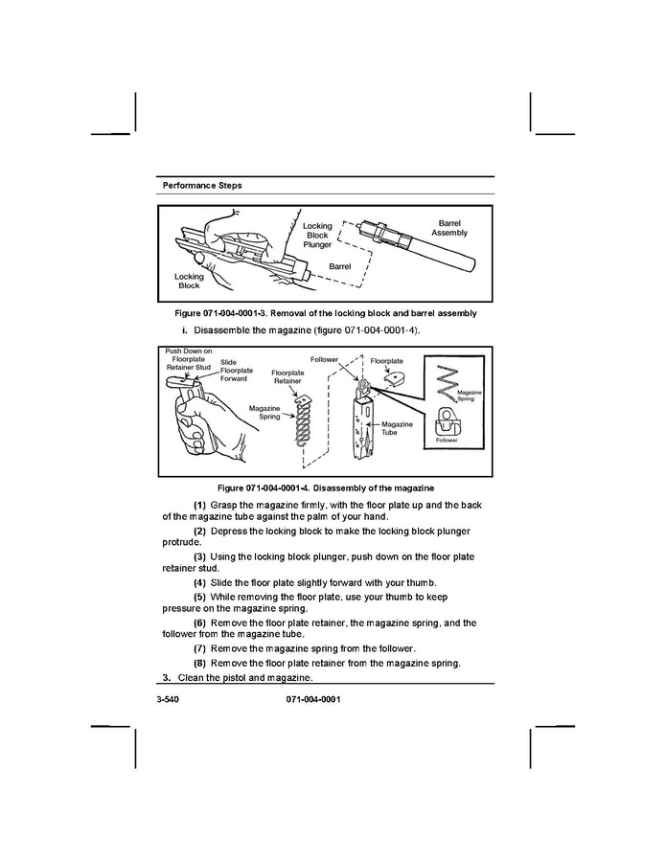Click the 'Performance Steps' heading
(x=201, y=186)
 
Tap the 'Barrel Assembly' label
(x=448, y=228)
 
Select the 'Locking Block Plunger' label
(x=317, y=235)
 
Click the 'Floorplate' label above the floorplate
(x=386, y=361)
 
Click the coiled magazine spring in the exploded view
(x=302, y=420)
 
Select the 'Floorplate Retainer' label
(x=287, y=376)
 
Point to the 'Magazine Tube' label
(x=397, y=428)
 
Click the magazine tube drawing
(x=362, y=426)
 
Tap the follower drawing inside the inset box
(x=448, y=421)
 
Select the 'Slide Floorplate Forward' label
(x=237, y=370)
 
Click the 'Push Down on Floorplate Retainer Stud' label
(x=189, y=359)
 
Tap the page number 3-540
(x=168, y=699)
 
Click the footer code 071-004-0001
(x=313, y=699)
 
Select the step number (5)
(x=199, y=597)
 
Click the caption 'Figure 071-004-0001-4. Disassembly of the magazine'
(x=326, y=488)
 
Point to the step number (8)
(x=199, y=664)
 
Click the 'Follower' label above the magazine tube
(x=324, y=360)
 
